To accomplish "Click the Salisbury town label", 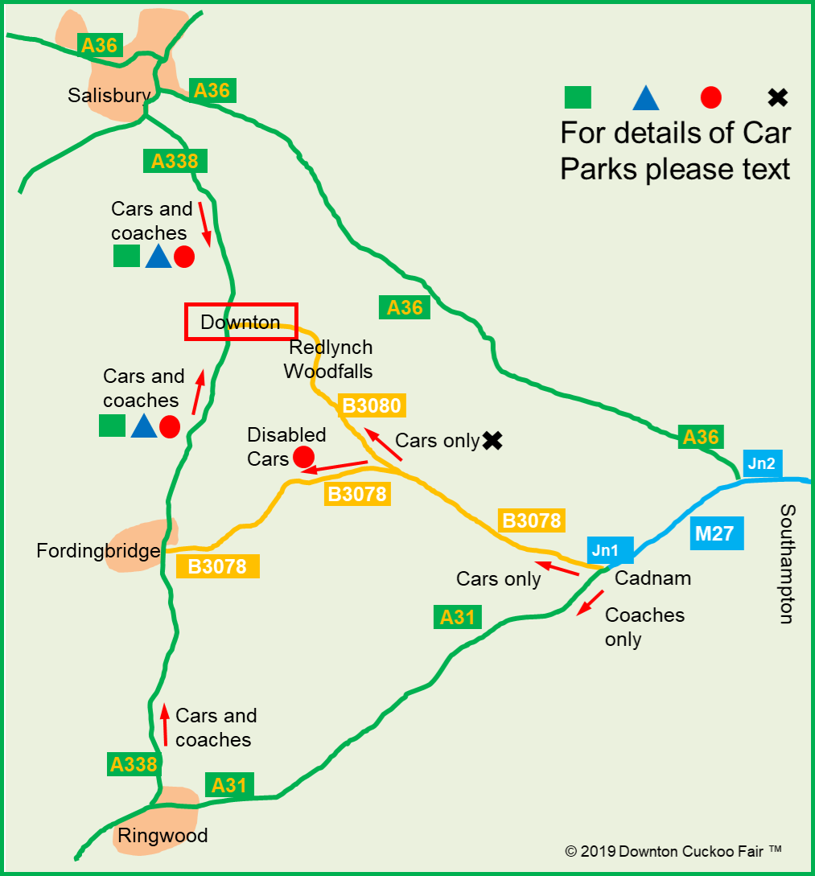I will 109,96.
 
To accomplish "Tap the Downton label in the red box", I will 241,323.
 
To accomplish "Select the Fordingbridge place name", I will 98,551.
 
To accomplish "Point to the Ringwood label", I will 163,835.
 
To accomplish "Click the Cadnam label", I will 652,578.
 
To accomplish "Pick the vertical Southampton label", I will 787,564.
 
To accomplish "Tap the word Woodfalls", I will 328,372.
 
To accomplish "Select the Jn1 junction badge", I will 605,551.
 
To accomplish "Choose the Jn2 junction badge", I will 761,464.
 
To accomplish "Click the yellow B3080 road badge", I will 372,405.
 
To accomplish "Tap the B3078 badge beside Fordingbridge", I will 217,566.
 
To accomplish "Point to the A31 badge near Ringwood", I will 229,784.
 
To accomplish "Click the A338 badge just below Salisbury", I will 175,161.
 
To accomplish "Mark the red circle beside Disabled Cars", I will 303,458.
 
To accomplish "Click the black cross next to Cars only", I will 492,440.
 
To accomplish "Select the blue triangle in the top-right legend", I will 646,98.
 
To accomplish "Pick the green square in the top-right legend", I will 577,97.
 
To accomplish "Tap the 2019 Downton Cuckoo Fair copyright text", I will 673,851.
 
